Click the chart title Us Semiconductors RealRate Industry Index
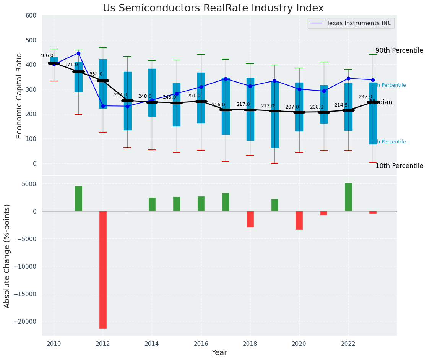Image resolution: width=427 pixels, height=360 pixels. (213, 8)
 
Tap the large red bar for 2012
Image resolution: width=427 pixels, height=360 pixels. (103, 269)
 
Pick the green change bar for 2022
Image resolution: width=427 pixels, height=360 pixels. (348, 197)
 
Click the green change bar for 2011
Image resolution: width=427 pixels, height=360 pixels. (78, 198)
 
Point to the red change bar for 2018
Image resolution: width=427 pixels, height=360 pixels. (250, 219)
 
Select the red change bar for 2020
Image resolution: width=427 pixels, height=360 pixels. (299, 220)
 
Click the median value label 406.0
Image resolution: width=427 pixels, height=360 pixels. (47, 55)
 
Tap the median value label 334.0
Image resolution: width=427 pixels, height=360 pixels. (96, 74)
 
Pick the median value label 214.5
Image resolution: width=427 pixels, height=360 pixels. (341, 105)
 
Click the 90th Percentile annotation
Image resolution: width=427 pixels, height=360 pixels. (399, 51)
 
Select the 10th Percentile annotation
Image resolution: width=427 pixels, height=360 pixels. (399, 166)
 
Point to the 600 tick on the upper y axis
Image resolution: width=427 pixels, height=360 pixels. (31, 16)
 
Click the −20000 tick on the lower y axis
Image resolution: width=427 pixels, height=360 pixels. (25, 322)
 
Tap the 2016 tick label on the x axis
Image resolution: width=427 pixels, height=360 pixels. (201, 343)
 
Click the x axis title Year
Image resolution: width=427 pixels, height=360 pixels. (219, 353)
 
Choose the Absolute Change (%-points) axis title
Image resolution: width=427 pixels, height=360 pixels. (7, 255)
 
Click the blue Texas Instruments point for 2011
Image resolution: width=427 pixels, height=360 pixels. (78, 53)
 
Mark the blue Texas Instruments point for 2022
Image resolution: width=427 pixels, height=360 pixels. (348, 78)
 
